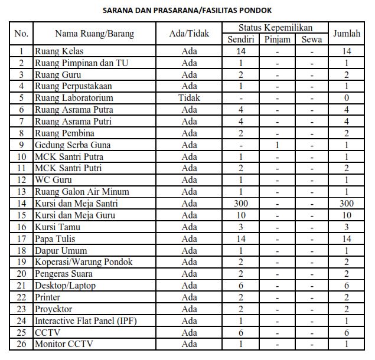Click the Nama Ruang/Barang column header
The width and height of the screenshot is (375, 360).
tap(94, 34)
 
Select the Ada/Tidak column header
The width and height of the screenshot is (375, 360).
tap(189, 34)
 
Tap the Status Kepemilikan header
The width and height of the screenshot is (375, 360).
tap(275, 28)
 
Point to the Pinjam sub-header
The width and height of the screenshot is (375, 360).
tap(277, 40)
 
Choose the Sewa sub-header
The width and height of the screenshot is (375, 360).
tap(311, 40)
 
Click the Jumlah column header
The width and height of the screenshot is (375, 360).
tap(347, 34)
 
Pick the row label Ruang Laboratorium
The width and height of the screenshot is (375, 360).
tap(74, 98)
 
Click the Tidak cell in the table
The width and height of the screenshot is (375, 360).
tap(189, 98)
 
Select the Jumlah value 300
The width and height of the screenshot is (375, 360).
tap(347, 204)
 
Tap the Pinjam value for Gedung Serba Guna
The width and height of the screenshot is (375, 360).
tap(277, 145)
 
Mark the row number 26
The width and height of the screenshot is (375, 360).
tap(21, 344)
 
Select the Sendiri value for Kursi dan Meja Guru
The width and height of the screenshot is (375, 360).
tap(241, 215)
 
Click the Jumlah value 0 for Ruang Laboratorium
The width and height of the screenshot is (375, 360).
tap(347, 98)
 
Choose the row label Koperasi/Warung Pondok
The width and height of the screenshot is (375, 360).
tap(83, 262)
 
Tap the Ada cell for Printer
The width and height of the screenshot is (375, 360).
tap(189, 297)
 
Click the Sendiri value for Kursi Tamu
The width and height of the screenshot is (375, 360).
tap(241, 227)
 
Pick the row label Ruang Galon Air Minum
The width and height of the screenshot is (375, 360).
tap(81, 192)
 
